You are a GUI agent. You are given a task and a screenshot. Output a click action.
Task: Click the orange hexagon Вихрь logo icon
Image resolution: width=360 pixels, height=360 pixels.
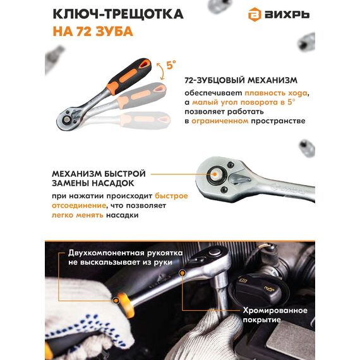pyautogui.click(x=255, y=15)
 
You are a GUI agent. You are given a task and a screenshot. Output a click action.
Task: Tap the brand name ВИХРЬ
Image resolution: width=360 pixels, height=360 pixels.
pyautogui.click(x=287, y=15)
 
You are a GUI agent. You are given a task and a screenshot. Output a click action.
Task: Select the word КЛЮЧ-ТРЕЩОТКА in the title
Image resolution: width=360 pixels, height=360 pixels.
pyautogui.click(x=118, y=15)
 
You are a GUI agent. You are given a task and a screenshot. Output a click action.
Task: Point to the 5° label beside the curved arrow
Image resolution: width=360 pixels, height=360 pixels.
pyautogui.click(x=171, y=65)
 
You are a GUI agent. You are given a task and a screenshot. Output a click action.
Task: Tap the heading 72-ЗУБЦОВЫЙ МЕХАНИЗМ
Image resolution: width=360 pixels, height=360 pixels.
pyautogui.click(x=241, y=80)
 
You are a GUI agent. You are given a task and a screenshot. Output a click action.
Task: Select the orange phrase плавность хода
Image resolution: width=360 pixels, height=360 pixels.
pyautogui.click(x=276, y=93)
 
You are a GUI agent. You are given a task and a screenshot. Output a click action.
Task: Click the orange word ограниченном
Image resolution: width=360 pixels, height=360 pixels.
pyautogui.click(x=220, y=121)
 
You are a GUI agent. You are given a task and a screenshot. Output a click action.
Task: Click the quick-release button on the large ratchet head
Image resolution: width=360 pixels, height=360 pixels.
pyautogui.click(x=215, y=174)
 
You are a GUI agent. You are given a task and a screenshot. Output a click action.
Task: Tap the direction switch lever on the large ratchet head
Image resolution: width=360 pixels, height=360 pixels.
pyautogui.click(x=240, y=179)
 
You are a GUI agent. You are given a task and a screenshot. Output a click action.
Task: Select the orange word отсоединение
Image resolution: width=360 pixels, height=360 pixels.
pyautogui.click(x=79, y=205)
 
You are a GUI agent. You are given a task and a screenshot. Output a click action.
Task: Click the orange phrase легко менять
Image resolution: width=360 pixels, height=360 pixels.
pyautogui.click(x=78, y=215)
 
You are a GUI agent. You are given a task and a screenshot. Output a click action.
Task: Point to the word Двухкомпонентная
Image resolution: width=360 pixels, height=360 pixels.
pyautogui.click(x=106, y=253)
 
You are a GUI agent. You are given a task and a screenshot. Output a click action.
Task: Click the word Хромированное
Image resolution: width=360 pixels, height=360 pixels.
pyautogui.click(x=275, y=310)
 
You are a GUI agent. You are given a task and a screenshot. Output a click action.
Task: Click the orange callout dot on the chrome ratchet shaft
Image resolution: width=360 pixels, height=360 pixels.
pyautogui.click(x=183, y=273)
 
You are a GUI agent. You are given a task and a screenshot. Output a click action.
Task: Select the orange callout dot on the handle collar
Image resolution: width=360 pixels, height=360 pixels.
pyautogui.click(x=116, y=301)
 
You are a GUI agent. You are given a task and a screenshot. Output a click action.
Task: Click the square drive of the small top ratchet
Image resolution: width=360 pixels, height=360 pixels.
pyautogui.click(x=67, y=119)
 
